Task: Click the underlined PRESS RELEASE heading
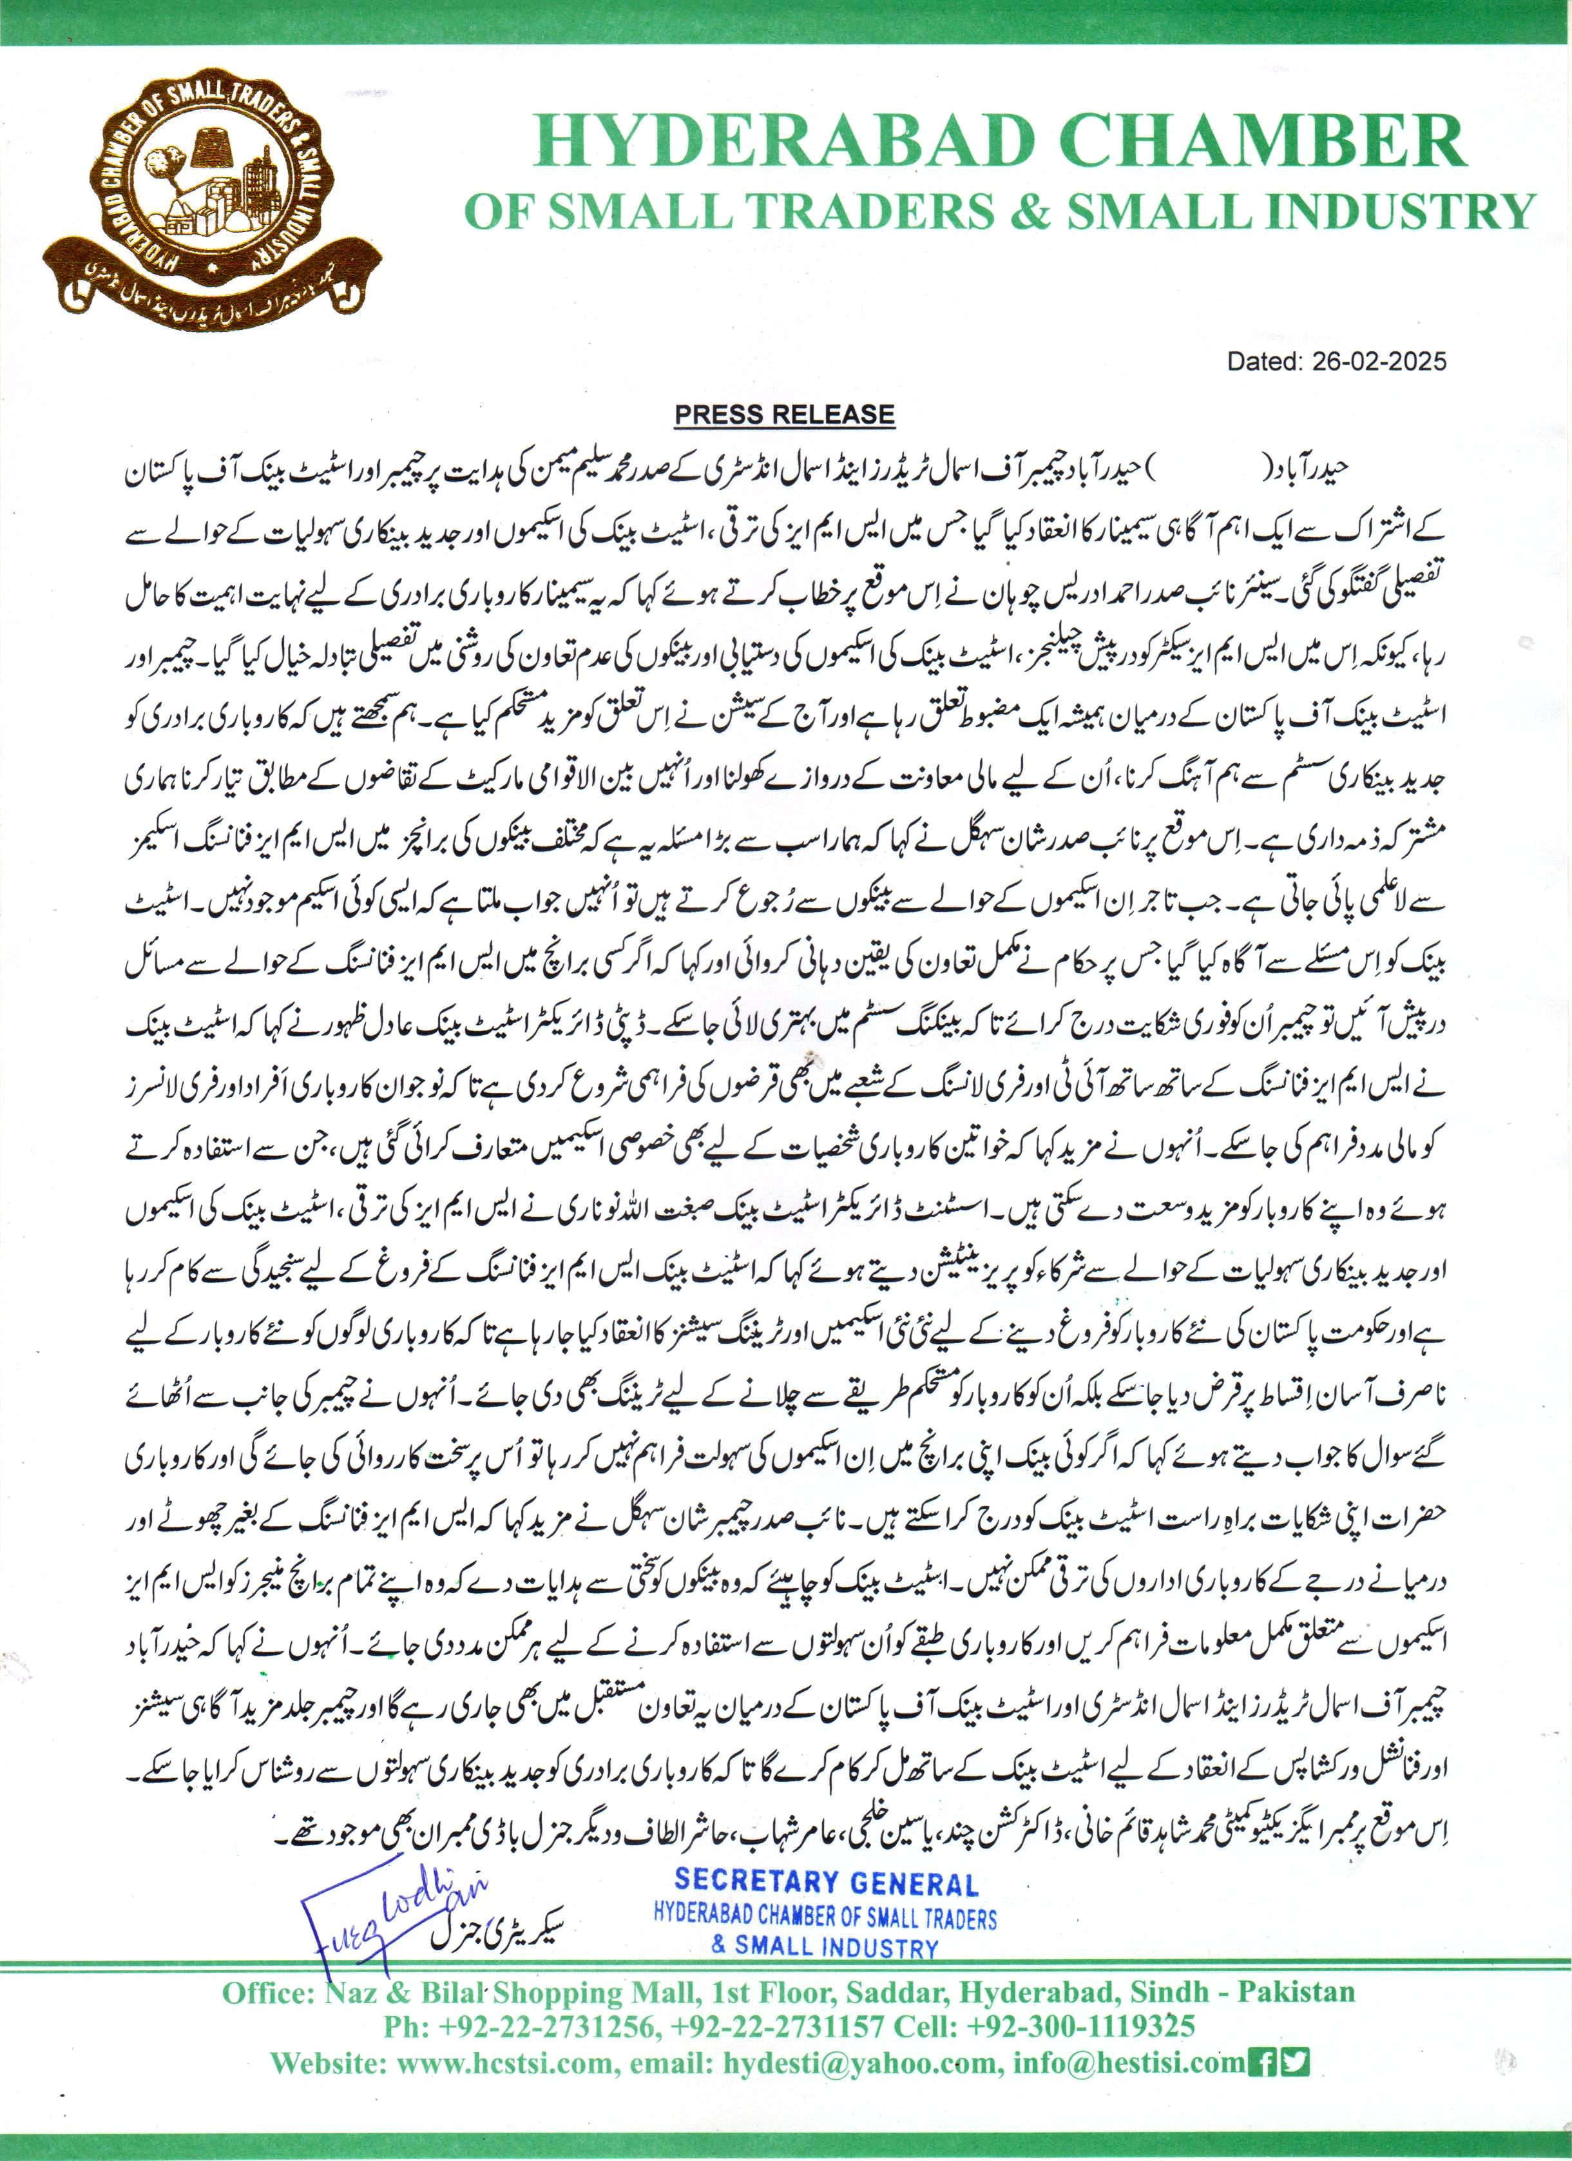click(784, 414)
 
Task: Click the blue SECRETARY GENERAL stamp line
click(826, 1882)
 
